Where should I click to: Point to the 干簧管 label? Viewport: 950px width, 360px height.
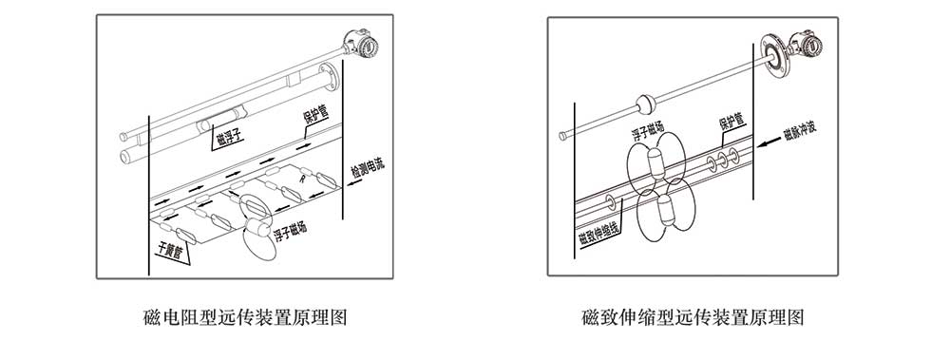coord(169,249)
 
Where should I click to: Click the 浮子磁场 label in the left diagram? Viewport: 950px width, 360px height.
coord(290,232)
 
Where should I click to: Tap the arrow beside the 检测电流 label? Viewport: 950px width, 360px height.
coord(355,181)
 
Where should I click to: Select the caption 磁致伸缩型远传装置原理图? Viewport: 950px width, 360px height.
coord(693,317)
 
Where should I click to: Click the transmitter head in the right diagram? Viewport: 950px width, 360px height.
coord(807,45)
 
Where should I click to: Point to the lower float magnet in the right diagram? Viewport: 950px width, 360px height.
coord(665,211)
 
